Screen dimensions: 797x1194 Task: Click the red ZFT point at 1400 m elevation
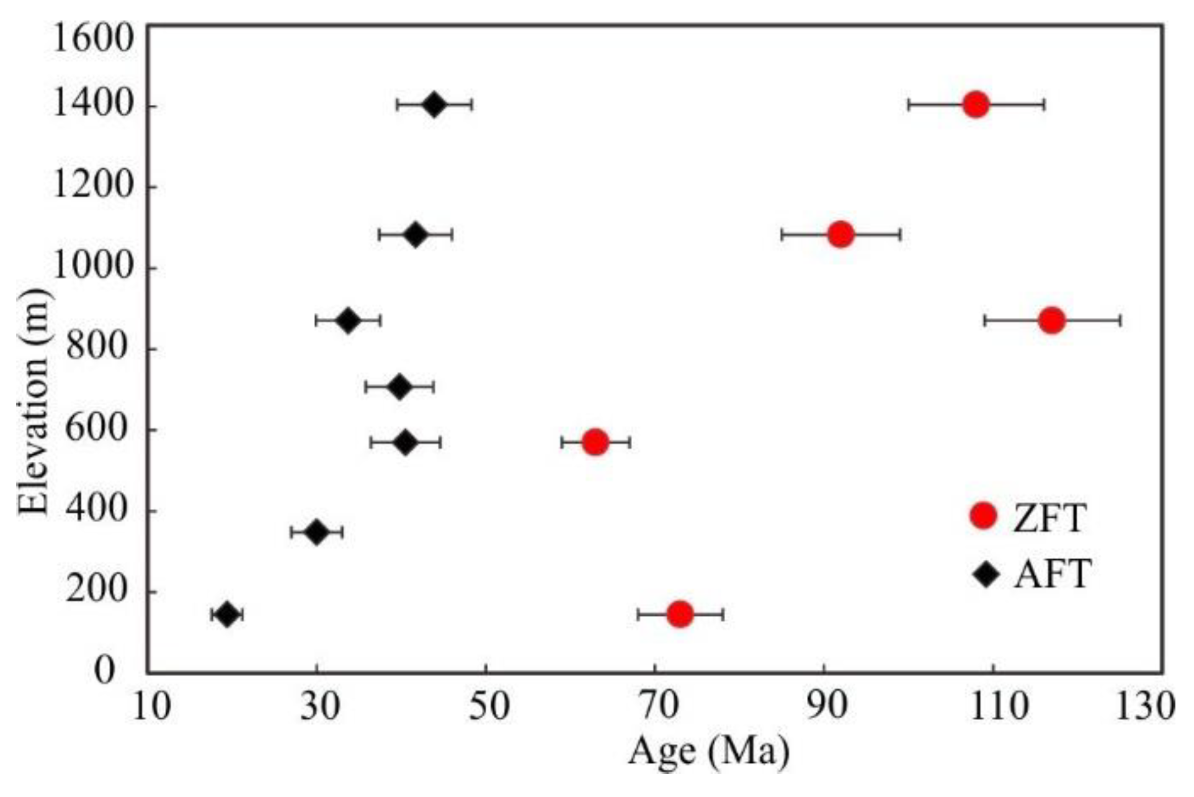click(976, 104)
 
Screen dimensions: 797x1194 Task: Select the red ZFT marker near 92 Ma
click(840, 234)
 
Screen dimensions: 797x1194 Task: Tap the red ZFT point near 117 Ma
click(1051, 320)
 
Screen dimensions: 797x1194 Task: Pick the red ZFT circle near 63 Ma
click(595, 442)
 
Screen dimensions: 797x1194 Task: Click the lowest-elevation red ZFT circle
click(680, 614)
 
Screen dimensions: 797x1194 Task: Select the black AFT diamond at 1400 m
click(434, 104)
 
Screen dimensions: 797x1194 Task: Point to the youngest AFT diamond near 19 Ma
click(227, 615)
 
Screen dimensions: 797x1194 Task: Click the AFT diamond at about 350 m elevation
click(316, 532)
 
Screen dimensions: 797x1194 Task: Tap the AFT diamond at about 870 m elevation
click(348, 320)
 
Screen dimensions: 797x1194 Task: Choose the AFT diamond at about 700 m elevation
click(399, 387)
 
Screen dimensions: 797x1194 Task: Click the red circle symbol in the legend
click(983, 515)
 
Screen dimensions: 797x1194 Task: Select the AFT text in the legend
click(1053, 574)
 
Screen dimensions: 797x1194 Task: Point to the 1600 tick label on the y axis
click(93, 38)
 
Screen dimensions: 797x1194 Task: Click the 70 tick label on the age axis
click(655, 707)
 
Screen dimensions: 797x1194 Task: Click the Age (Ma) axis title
click(709, 752)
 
